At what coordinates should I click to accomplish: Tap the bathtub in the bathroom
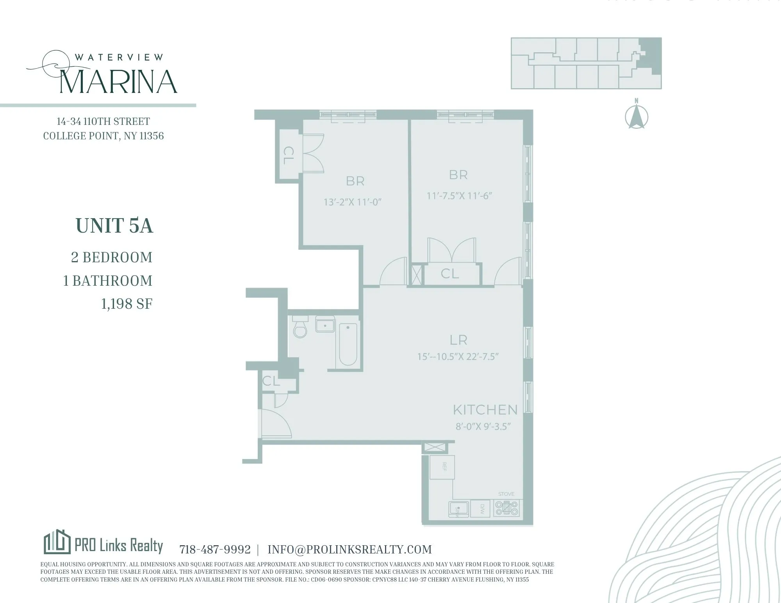[x=348, y=344]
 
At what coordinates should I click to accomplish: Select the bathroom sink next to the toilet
[x=325, y=325]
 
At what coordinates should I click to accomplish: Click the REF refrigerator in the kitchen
[x=442, y=467]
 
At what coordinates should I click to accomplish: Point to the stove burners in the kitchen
[x=506, y=508]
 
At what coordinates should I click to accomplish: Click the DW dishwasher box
[x=481, y=508]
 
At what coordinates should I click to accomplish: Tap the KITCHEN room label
[x=485, y=410]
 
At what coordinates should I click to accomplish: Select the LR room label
[x=458, y=340]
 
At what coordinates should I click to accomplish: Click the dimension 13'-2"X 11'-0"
[x=352, y=202]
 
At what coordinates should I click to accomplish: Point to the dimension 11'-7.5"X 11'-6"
[x=459, y=196]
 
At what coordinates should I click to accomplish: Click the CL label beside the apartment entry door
[x=271, y=381]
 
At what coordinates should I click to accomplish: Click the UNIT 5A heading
[x=114, y=226]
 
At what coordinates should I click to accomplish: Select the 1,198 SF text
[x=127, y=304]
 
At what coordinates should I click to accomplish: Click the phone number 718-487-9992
[x=215, y=550]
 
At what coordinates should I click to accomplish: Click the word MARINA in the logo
[x=119, y=82]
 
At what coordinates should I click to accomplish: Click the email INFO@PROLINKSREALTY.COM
[x=349, y=550]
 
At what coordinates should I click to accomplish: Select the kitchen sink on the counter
[x=459, y=509]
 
